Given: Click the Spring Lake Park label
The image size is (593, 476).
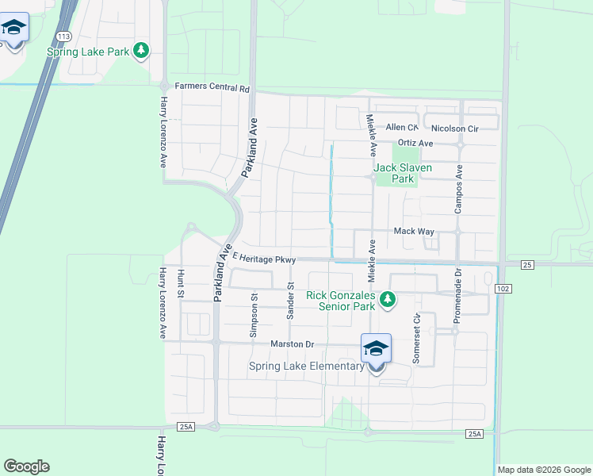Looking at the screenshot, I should [x=88, y=52].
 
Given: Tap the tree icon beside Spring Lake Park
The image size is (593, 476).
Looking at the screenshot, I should [x=141, y=51].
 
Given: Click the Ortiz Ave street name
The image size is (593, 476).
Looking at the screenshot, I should [x=415, y=144].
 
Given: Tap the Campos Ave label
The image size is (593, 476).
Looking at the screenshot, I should [x=458, y=189].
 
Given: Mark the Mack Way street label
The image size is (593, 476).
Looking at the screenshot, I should [x=415, y=231].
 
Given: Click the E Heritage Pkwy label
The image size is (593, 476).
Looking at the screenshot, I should [x=265, y=259].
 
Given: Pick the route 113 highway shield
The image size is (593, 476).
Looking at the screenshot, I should [x=63, y=36].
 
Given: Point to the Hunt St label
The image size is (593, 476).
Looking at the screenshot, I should [x=181, y=284].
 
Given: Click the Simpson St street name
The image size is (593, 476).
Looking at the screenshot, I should [x=254, y=317].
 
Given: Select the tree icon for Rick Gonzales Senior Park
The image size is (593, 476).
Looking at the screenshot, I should [x=388, y=300].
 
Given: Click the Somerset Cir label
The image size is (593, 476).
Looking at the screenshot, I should [x=416, y=338].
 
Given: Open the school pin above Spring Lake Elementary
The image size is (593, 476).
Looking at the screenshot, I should [x=376, y=348].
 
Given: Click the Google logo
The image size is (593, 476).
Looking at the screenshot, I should [x=27, y=466].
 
